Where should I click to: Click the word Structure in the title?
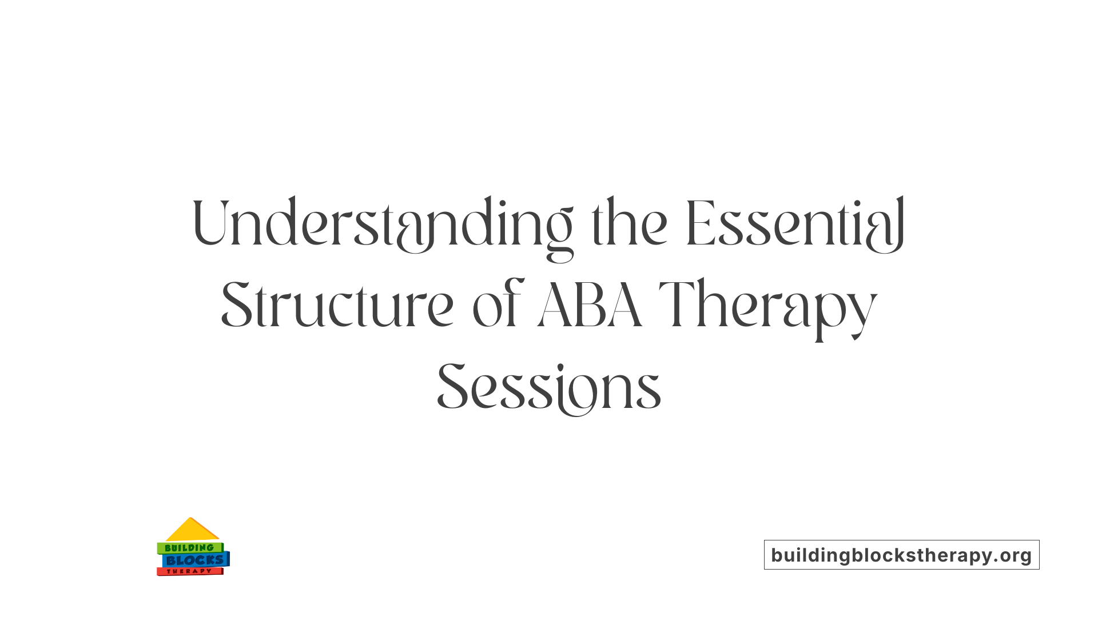[x=337, y=306]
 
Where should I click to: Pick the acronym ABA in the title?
[x=590, y=306]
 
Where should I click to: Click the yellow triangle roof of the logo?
[x=191, y=530]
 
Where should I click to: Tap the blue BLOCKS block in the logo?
[x=194, y=560]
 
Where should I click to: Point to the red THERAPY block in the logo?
[x=189, y=571]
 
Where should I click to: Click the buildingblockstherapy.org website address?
[x=901, y=555]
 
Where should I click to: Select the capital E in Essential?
[x=700, y=224]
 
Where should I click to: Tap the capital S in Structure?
[x=237, y=306]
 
